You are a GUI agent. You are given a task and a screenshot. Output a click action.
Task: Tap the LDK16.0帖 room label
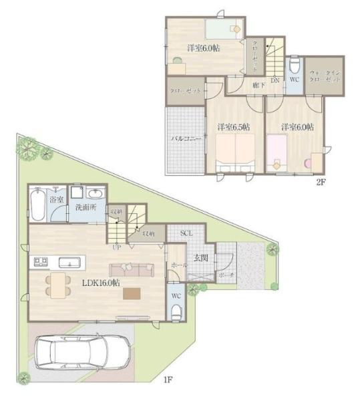pyautogui.click(x=100, y=283)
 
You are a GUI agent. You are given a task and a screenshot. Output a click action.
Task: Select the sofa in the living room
pyautogui.click(x=131, y=269)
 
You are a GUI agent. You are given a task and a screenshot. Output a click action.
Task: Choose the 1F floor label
pyautogui.click(x=170, y=380)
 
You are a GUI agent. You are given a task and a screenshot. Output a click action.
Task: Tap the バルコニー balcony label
pyautogui.click(x=183, y=138)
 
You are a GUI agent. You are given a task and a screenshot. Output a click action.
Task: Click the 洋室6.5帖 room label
pyautogui.click(x=232, y=126)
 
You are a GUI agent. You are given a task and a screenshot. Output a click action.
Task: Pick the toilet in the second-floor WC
pyautogui.click(x=294, y=67)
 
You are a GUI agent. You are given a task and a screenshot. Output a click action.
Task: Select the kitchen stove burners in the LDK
pyautogui.click(x=37, y=260)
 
